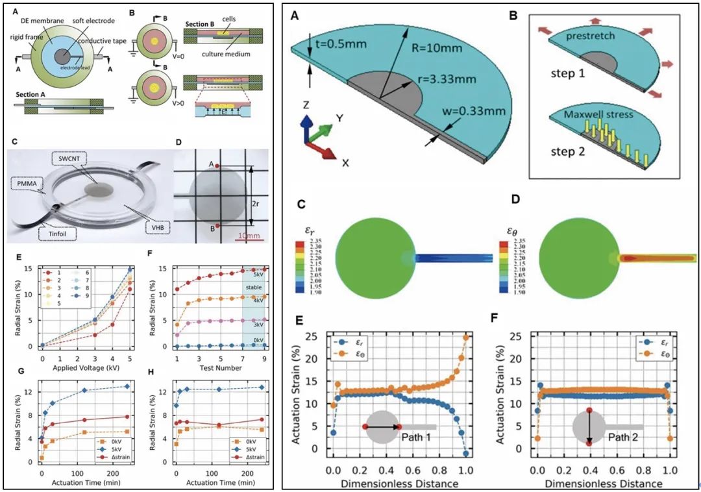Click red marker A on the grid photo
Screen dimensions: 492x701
pyautogui.click(x=218, y=167)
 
